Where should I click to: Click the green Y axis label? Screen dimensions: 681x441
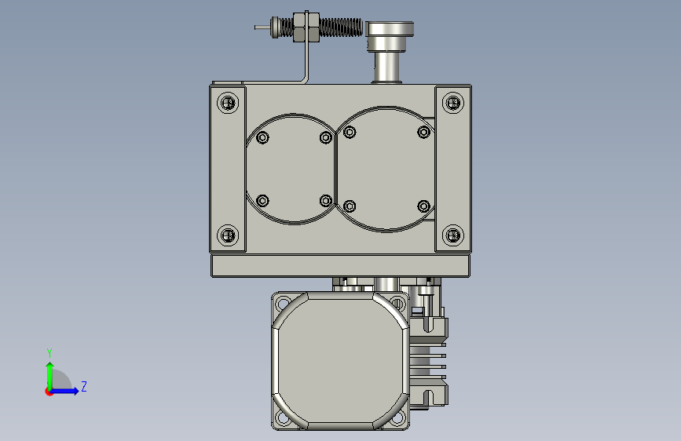click(x=49, y=352)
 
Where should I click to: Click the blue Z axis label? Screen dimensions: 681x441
click(x=84, y=386)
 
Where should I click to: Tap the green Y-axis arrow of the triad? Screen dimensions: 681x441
click(x=49, y=376)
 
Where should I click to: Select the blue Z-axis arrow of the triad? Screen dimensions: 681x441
click(x=64, y=391)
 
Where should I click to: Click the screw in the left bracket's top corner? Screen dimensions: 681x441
click(x=228, y=103)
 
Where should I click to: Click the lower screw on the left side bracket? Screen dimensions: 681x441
click(x=228, y=235)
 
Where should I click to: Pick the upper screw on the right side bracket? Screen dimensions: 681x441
click(x=453, y=103)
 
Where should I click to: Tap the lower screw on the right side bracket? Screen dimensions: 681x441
click(x=453, y=235)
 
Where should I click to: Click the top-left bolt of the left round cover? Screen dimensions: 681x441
click(x=262, y=137)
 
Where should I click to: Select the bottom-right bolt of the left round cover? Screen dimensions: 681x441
click(x=326, y=201)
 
